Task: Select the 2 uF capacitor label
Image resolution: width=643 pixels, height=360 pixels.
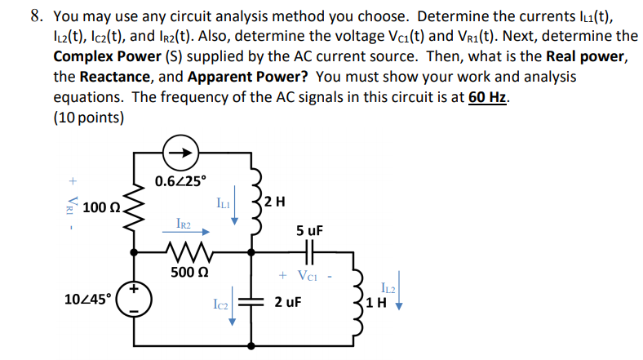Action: [288, 303]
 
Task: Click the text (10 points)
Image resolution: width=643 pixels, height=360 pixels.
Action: [89, 117]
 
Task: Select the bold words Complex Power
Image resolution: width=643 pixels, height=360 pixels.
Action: [106, 57]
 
